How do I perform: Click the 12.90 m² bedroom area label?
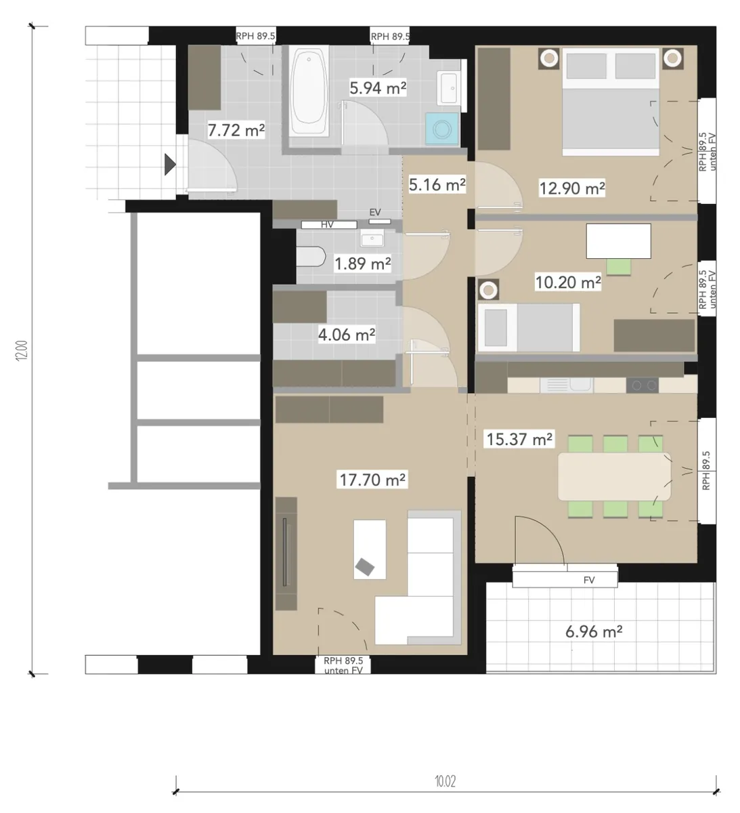click(x=571, y=188)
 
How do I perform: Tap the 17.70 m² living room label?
click(x=372, y=480)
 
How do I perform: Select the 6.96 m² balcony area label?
click(x=593, y=631)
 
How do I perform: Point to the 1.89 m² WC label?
click(x=362, y=264)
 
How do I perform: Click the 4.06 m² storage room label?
click(x=347, y=335)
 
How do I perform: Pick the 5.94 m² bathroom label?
click(x=378, y=87)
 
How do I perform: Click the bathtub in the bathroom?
click(x=309, y=89)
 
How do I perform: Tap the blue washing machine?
click(x=441, y=129)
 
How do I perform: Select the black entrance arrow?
click(x=170, y=165)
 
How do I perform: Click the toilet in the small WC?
click(x=311, y=257)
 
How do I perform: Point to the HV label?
click(x=327, y=224)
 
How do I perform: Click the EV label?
click(x=375, y=212)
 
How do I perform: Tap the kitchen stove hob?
click(x=642, y=385)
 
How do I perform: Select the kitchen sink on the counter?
click(x=566, y=385)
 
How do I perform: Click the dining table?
click(x=614, y=476)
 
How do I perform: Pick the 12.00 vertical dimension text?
click(x=22, y=350)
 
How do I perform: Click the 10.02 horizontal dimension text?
click(x=445, y=781)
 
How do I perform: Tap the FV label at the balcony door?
click(x=589, y=580)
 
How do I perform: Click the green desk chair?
click(x=619, y=267)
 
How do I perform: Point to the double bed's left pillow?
click(x=586, y=66)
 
